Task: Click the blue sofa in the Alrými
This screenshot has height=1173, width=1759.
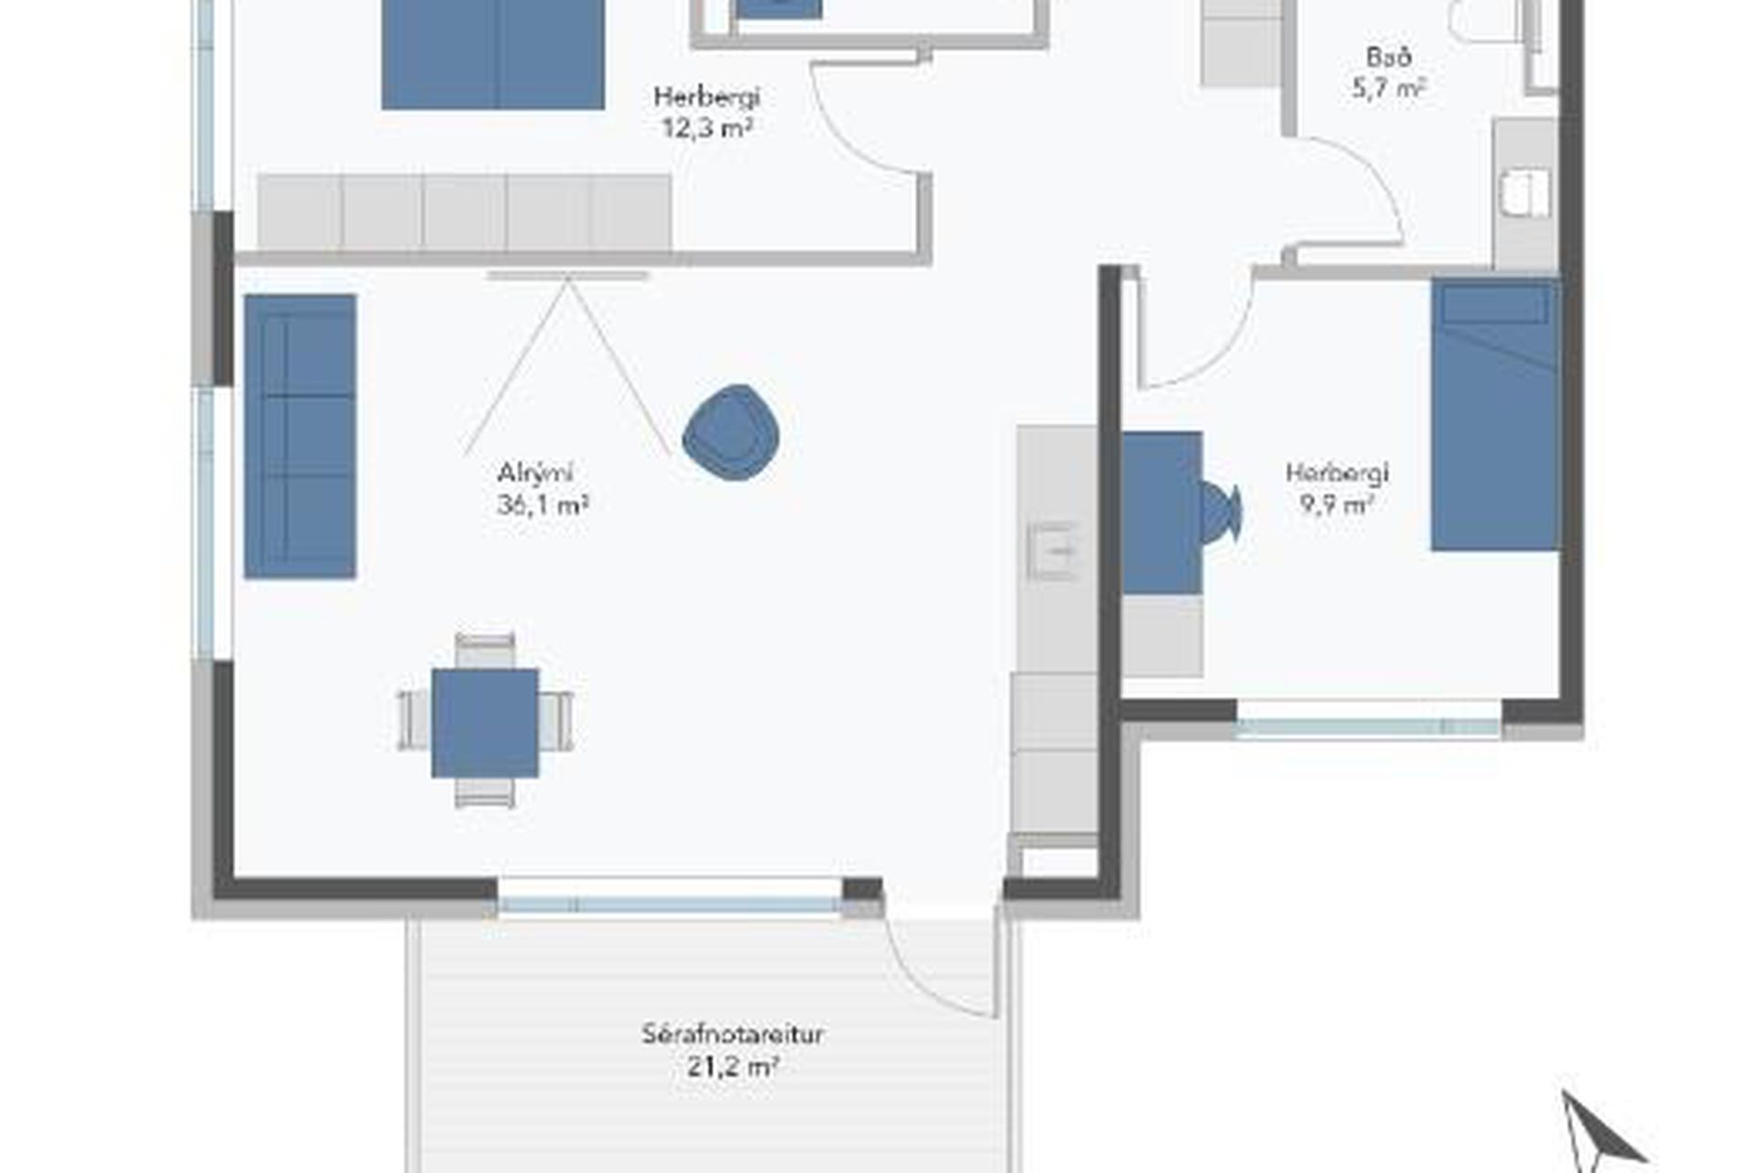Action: coord(300,436)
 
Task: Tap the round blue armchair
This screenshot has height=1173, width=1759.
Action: coord(731,433)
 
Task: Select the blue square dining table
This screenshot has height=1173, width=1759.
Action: coord(486,723)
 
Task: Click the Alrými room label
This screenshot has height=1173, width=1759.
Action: coord(535,474)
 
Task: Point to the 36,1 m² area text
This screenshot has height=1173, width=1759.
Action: coord(542,505)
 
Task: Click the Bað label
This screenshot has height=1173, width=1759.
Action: coord(1389,57)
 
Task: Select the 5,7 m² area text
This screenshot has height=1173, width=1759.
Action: coord(1389,89)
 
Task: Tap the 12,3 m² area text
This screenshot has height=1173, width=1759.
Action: coord(707,127)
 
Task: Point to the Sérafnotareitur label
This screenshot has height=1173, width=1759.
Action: coord(732,1035)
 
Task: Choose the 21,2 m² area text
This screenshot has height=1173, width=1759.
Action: coord(732,1067)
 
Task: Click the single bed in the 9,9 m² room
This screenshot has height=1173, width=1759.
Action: coord(1495,414)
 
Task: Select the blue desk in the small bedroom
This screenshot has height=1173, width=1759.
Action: coord(1163,513)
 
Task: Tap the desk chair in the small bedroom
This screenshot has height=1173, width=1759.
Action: coord(1221,513)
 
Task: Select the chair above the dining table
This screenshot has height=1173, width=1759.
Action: coord(485,651)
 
